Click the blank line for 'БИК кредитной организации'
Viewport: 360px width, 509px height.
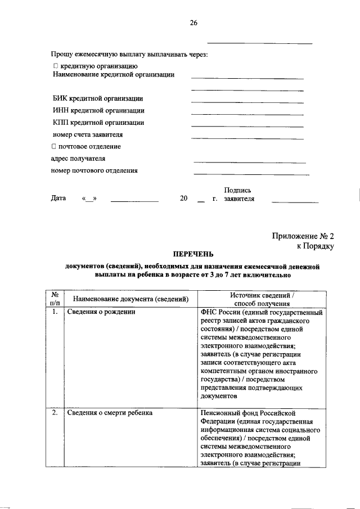coord(247,102)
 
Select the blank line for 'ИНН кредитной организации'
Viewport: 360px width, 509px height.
coord(247,114)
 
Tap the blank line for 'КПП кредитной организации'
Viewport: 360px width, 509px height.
coord(247,126)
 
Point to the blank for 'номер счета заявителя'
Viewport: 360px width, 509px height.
coord(247,138)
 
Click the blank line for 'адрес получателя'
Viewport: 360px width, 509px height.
coord(249,162)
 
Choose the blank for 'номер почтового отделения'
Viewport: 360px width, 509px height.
coord(251,174)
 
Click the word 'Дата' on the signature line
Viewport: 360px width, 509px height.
coord(58,199)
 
